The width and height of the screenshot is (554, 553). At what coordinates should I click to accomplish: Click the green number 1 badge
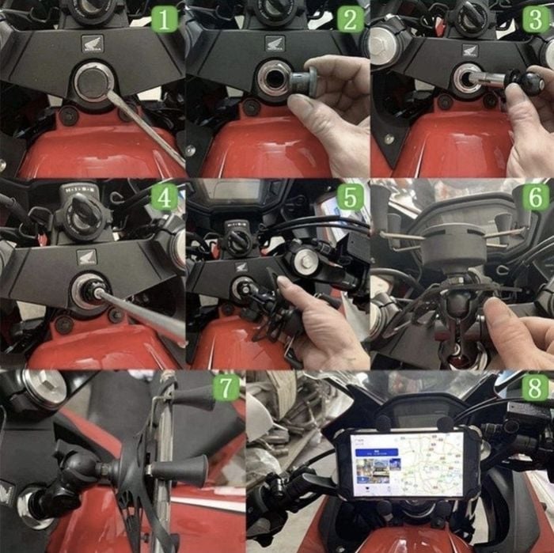coord(165,18)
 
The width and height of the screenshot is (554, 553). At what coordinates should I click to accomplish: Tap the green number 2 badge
coord(350,18)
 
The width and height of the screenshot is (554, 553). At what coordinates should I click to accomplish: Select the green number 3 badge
coord(536,18)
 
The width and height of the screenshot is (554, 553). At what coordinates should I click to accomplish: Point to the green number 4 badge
coord(165,197)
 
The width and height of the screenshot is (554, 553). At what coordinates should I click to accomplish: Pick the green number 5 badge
coord(350,197)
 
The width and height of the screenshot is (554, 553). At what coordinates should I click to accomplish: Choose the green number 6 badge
coord(536,197)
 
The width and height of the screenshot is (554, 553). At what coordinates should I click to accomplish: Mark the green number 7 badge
coord(228,388)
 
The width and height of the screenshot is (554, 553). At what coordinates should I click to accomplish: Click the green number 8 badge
coord(536,388)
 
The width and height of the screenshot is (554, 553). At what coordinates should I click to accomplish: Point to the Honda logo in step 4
coord(86,256)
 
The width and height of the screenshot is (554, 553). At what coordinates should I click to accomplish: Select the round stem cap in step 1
coord(93,82)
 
